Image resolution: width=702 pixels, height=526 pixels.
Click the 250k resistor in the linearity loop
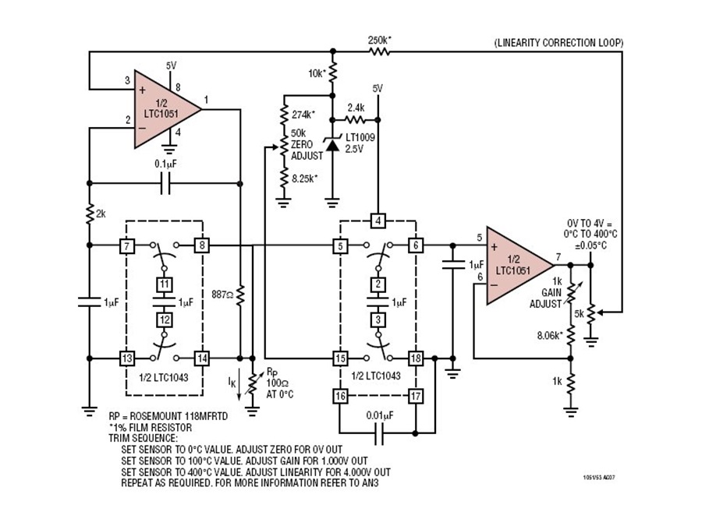379,52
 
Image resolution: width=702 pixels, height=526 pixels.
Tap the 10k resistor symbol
332,73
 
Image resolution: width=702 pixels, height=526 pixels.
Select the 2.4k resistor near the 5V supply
355,120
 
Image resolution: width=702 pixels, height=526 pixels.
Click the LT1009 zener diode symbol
332,143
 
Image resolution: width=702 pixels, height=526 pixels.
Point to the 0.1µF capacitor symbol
165,183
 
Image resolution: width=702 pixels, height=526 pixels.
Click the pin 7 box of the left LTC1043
127,245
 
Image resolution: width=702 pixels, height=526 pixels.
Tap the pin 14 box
202,358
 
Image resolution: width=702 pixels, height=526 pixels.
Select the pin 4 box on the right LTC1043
378,221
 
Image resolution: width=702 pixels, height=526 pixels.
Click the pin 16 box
340,396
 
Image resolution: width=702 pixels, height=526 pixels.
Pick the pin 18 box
416,358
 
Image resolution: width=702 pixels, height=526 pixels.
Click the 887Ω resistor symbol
240,295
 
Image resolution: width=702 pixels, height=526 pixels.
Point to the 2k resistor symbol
90,214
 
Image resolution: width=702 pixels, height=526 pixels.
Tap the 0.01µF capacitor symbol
379,433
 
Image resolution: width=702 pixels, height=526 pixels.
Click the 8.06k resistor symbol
570,335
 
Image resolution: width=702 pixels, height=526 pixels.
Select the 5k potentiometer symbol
591,313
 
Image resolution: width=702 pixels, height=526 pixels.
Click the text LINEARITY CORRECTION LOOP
558,43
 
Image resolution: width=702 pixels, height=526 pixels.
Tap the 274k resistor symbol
283,115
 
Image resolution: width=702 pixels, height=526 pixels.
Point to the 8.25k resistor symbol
283,179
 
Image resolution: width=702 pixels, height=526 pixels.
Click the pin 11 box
165,284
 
